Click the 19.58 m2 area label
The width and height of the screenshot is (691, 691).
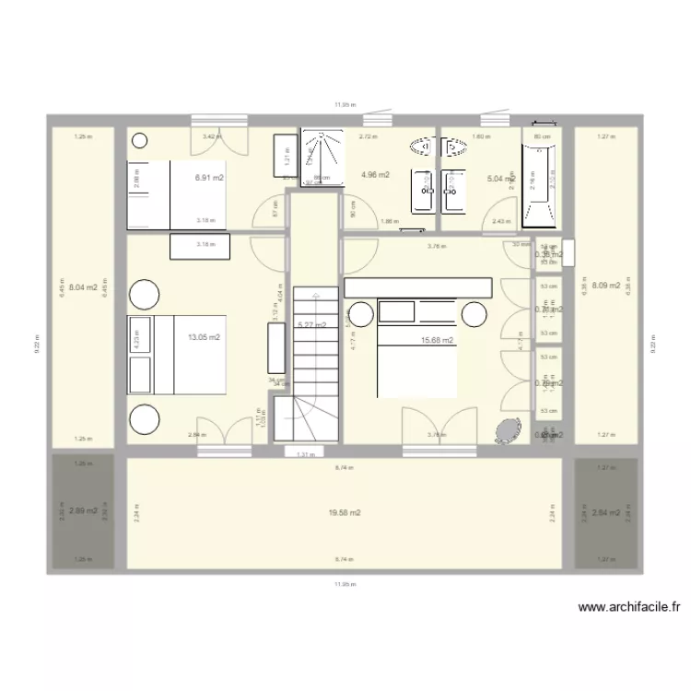pyautogui.click(x=345, y=513)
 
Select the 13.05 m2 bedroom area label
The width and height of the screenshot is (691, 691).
pyautogui.click(x=205, y=338)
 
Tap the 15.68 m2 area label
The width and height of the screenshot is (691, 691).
pyautogui.click(x=437, y=341)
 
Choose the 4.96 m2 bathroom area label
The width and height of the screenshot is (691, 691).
pyautogui.click(x=375, y=174)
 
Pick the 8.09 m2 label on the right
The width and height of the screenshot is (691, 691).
pyautogui.click(x=605, y=285)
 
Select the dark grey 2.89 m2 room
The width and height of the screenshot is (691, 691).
pyautogui.click(x=83, y=511)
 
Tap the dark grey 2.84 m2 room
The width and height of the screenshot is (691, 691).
pyautogui.click(x=606, y=513)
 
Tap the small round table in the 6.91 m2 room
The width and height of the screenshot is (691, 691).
pyautogui.click(x=139, y=141)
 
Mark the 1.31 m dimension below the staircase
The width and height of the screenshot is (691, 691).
pyautogui.click(x=303, y=454)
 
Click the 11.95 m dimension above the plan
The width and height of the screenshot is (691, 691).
pyautogui.click(x=345, y=105)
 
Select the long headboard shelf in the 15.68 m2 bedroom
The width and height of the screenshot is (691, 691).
pyautogui.click(x=418, y=288)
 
